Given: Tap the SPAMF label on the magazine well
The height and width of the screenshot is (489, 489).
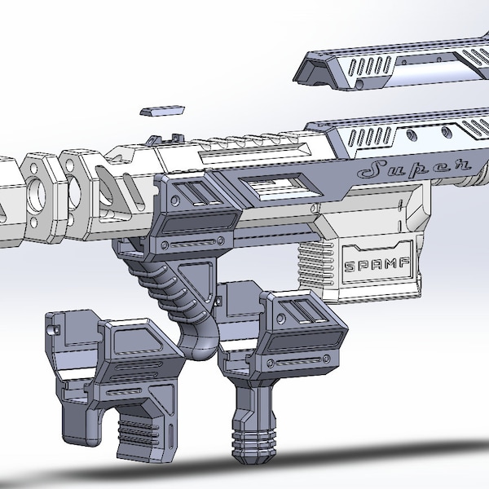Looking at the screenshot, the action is pos(377,265).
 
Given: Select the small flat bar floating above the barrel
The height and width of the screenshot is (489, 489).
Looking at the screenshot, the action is pos(162,110).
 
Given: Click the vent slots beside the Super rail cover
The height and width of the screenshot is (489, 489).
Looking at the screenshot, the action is pos(370,136).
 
